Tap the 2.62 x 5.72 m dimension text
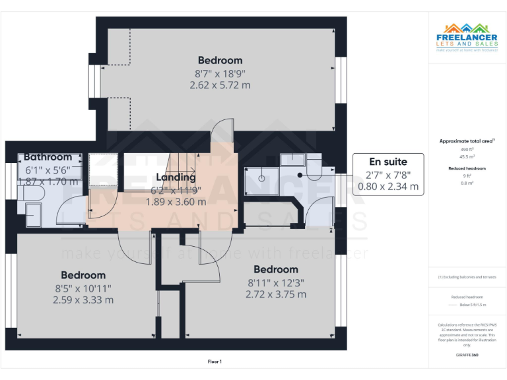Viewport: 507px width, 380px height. pos(220,85)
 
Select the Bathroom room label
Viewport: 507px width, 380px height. pos(48,157)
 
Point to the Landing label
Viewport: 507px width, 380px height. pos(176,177)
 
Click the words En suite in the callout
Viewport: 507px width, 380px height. pos(388,162)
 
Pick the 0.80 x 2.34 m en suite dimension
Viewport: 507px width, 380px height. pos(388,187)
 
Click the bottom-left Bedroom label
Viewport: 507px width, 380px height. pos(83,275)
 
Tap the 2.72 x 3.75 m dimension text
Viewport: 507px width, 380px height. pos(275,294)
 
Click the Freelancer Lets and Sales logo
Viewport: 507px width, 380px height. pos(467,37)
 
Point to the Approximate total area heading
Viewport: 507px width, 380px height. pos(467,141)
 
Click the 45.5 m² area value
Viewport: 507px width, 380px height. pos(467,156)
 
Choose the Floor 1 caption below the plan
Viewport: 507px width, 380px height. pos(215,362)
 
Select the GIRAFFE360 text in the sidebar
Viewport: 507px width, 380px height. pos(467,356)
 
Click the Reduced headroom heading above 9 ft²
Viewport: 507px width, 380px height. pos(467,169)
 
